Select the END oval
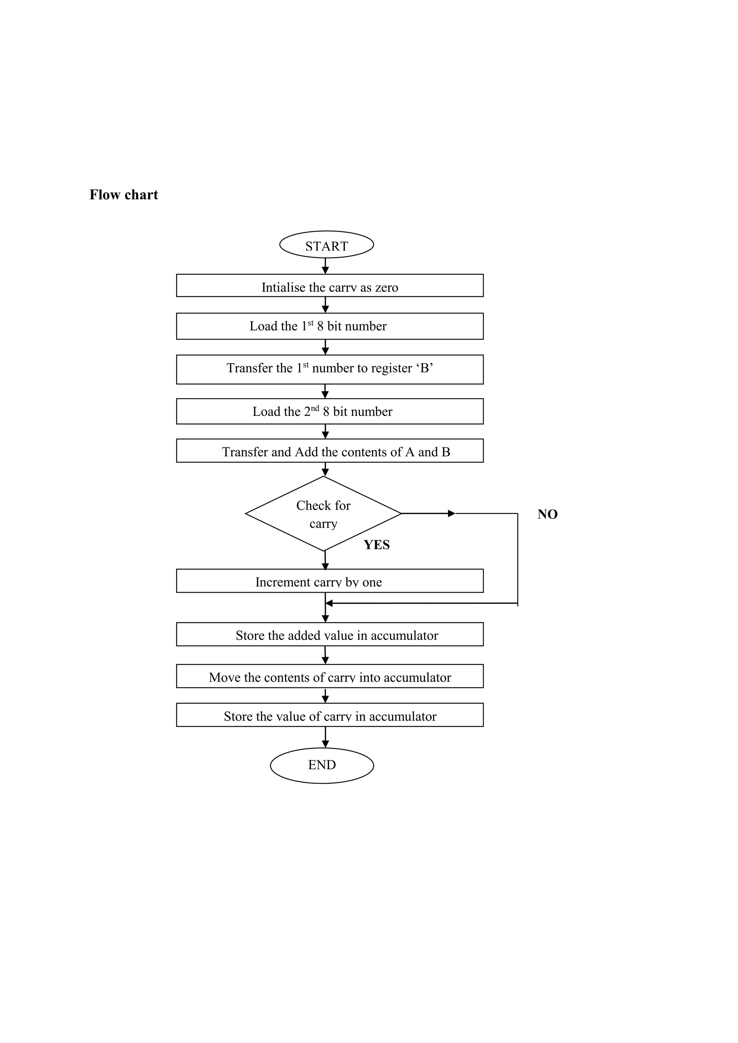322,765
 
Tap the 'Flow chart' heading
124,195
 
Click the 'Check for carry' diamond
323,514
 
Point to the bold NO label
547,514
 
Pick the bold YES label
376,545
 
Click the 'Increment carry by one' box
329,581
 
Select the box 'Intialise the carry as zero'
329,286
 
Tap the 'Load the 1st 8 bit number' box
329,326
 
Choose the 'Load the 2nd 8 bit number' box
329,411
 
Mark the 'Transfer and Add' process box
329,451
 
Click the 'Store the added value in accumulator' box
329,634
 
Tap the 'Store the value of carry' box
329,715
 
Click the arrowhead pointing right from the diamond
451,514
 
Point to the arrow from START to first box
325,266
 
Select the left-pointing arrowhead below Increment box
329,603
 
